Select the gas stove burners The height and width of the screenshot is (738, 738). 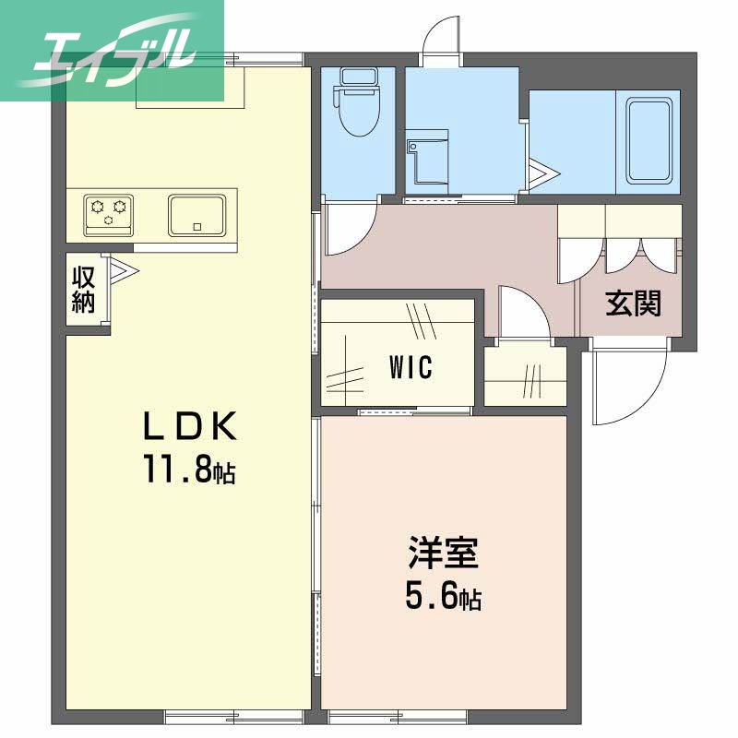[x=109, y=212]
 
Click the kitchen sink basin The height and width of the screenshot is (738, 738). [x=196, y=215]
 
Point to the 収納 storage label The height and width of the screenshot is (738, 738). [x=84, y=289]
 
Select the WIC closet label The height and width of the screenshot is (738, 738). [x=410, y=367]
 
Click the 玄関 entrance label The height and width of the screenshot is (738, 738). [x=633, y=304]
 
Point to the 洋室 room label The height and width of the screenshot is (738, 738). [x=444, y=555]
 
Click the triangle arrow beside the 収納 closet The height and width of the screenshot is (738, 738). [x=123, y=269]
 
